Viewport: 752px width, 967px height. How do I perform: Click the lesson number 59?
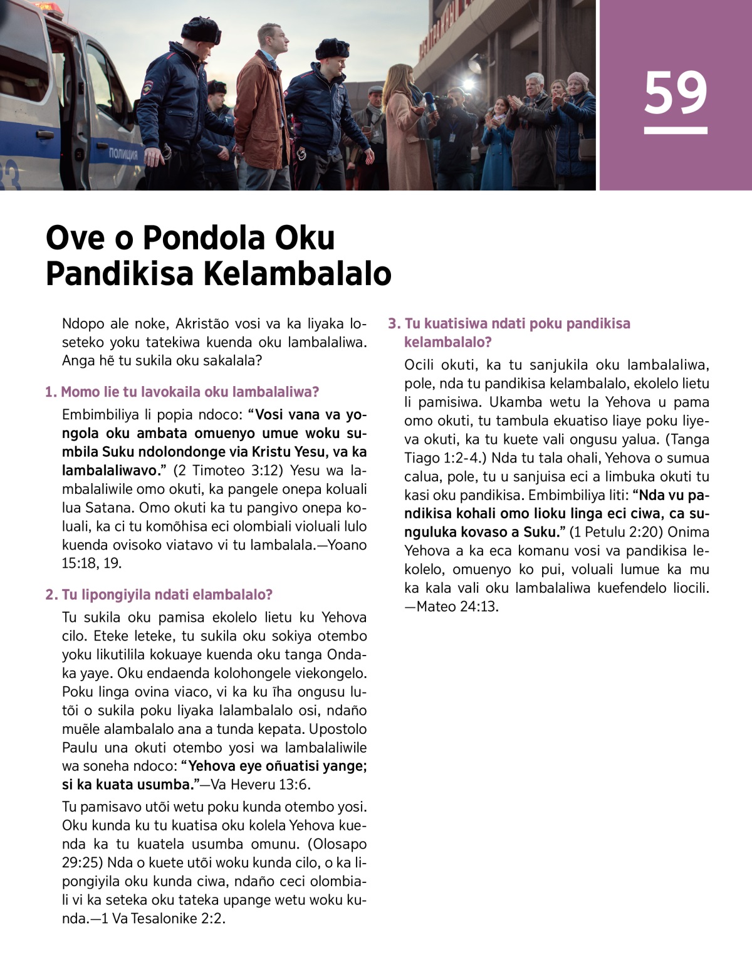click(x=676, y=93)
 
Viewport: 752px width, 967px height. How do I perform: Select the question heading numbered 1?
click(x=182, y=392)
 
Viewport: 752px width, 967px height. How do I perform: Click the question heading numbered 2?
click(x=159, y=595)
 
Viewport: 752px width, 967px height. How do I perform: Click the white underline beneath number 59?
click(x=676, y=131)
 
